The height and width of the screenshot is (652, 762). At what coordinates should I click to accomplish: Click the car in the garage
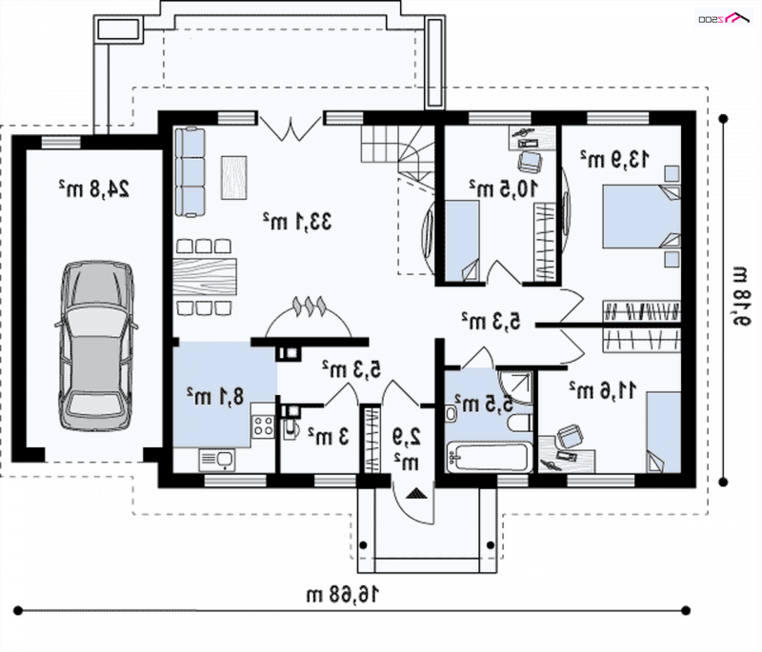click(x=95, y=346)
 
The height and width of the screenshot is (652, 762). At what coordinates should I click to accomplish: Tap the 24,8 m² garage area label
click(x=94, y=188)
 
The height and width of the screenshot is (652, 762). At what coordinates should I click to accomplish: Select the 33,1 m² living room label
click(x=297, y=222)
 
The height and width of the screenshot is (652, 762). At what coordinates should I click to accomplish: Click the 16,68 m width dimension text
click(x=343, y=594)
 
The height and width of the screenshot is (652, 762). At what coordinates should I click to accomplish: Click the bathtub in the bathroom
click(x=488, y=457)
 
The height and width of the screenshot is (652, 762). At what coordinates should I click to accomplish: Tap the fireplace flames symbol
click(x=309, y=306)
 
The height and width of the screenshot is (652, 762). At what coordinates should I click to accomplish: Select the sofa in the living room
click(x=190, y=171)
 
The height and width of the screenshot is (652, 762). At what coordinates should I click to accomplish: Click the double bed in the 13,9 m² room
click(x=641, y=216)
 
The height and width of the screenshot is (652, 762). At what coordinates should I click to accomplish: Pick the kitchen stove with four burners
click(x=263, y=426)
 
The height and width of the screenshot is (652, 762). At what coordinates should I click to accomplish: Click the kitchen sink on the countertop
click(x=217, y=460)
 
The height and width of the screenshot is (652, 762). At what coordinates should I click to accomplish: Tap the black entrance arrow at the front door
click(x=416, y=494)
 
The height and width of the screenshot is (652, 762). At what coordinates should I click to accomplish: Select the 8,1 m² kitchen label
click(x=215, y=396)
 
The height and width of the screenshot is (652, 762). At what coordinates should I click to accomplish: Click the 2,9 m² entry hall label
click(x=407, y=449)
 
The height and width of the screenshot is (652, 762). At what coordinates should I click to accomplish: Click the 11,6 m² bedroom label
click(x=602, y=390)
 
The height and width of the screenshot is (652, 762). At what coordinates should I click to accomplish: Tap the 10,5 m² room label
click(x=504, y=188)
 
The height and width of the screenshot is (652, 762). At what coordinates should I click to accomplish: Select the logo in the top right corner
click(x=724, y=17)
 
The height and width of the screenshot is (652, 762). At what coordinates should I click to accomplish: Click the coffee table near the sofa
click(x=233, y=177)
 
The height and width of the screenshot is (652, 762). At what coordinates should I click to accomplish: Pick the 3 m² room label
click(x=329, y=436)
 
